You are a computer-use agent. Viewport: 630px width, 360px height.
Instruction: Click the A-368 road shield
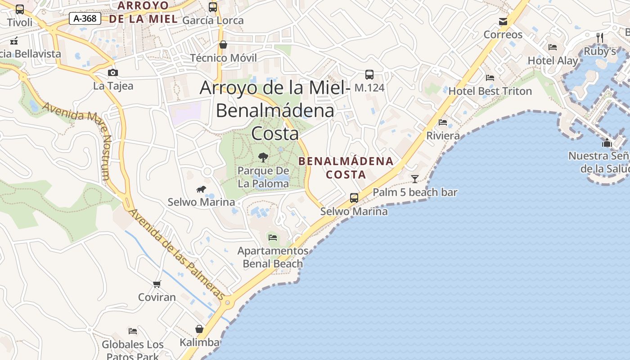(x=85, y=18)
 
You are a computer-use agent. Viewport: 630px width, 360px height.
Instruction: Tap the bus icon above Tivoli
(x=20, y=9)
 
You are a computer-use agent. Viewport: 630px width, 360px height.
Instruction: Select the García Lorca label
(x=213, y=20)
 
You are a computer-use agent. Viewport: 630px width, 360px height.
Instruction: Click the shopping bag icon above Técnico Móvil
(x=223, y=45)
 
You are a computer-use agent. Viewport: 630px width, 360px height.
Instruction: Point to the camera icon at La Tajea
(x=113, y=72)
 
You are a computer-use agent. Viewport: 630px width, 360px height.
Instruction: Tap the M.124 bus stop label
(x=369, y=87)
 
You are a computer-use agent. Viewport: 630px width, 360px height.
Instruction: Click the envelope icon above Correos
(x=503, y=21)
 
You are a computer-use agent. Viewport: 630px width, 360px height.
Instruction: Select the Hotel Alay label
(x=553, y=61)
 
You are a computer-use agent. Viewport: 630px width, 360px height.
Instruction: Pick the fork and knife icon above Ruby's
(x=599, y=37)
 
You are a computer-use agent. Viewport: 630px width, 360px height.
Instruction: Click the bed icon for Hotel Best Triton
(x=490, y=78)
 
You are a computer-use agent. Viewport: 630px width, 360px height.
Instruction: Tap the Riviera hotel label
(x=443, y=135)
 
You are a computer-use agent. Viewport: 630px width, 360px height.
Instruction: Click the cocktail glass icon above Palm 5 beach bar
(x=414, y=179)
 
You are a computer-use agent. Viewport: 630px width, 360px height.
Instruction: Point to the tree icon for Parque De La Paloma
(x=263, y=157)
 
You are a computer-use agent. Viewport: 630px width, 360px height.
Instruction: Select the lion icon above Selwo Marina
(x=201, y=189)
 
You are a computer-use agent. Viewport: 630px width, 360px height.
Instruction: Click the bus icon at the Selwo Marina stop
(x=354, y=198)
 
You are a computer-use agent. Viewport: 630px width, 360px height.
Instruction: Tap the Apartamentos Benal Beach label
(x=273, y=257)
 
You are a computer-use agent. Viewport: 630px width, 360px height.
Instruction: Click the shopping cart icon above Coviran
(x=157, y=284)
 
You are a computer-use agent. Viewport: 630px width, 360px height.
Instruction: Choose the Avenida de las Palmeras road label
(x=176, y=254)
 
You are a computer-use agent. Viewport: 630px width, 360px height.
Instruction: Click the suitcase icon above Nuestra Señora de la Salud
(x=607, y=143)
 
